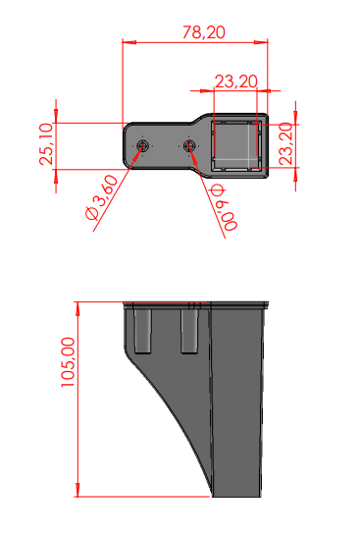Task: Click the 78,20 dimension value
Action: point(204,32)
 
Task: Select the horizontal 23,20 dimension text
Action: point(235,81)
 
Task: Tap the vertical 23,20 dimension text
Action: point(286,144)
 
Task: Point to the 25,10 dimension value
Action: point(46,144)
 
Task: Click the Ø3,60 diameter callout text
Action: point(102,197)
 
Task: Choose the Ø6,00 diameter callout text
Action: point(224,207)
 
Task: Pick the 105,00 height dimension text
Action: point(68,362)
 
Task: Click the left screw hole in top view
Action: point(142,146)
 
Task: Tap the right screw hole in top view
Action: point(188,146)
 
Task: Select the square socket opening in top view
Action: point(236,145)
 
